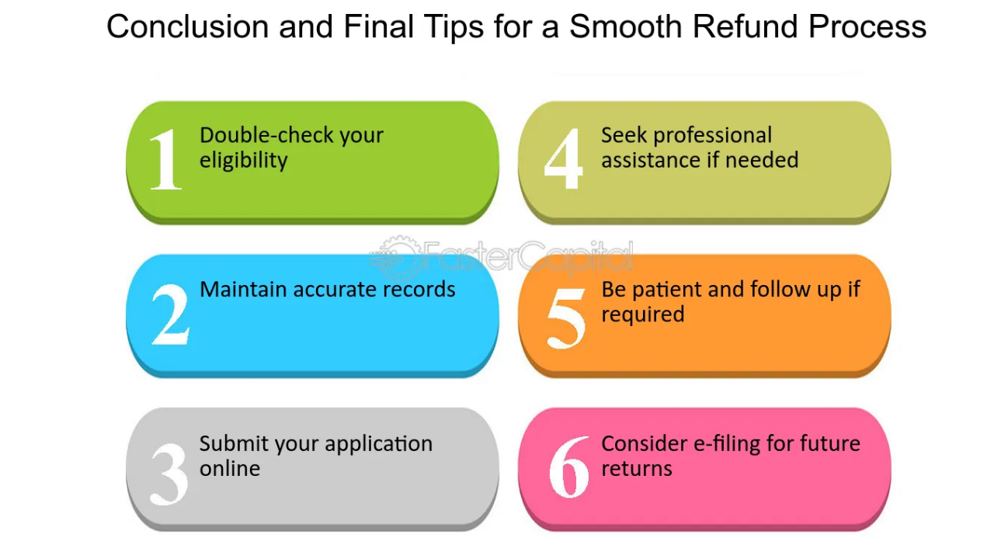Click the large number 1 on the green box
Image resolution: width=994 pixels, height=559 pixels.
[x=165, y=160]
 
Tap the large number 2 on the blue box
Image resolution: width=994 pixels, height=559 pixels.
[x=170, y=314]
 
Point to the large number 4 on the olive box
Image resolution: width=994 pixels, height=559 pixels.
[x=563, y=160]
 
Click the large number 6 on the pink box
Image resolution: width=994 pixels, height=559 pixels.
[x=568, y=469]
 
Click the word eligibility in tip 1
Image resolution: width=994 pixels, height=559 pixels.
[x=244, y=161]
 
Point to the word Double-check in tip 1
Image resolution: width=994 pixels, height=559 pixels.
[x=259, y=135]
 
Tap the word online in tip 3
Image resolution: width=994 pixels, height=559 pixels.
[x=230, y=469]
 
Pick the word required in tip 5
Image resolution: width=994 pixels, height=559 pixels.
[x=642, y=315]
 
